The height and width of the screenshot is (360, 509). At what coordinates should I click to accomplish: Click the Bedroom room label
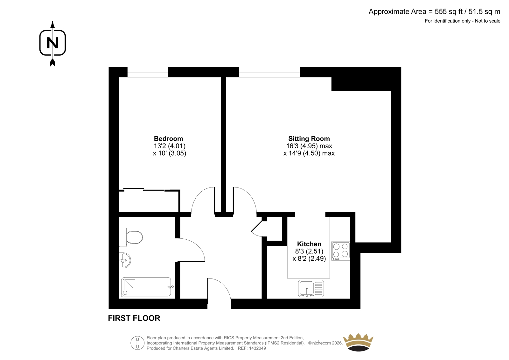[x=168, y=138]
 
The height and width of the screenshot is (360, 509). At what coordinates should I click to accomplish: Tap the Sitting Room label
[x=309, y=138]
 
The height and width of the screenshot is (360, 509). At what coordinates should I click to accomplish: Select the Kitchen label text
[x=309, y=244]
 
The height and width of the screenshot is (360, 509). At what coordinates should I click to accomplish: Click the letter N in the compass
[x=52, y=43]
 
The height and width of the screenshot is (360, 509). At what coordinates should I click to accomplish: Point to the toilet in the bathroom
[x=131, y=237]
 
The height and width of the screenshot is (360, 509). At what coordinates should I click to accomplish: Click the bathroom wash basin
[x=125, y=260]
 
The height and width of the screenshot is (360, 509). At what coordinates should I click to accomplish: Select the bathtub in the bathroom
[x=147, y=286]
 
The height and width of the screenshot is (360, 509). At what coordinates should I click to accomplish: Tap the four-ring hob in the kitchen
[x=340, y=251]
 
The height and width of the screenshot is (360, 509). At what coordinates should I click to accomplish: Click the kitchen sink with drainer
[x=311, y=288]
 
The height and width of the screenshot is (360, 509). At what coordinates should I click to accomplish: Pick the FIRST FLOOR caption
[x=134, y=318]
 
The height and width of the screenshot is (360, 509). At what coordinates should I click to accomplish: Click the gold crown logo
[x=358, y=342]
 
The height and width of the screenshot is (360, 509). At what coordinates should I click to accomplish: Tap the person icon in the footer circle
[x=137, y=343]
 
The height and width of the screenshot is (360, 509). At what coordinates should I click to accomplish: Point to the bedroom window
[x=148, y=72]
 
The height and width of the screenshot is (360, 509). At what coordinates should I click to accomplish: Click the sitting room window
[x=269, y=72]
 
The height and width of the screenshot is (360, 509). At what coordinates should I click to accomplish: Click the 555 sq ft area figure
[x=449, y=11]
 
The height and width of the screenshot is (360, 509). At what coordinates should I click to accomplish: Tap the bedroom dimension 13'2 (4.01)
[x=170, y=146]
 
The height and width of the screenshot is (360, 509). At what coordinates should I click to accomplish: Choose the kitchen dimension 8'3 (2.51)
[x=309, y=251]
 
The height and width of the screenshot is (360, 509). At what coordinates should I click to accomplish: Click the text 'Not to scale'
[x=487, y=21]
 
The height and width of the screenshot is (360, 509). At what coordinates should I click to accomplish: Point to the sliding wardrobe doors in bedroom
[x=143, y=189]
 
